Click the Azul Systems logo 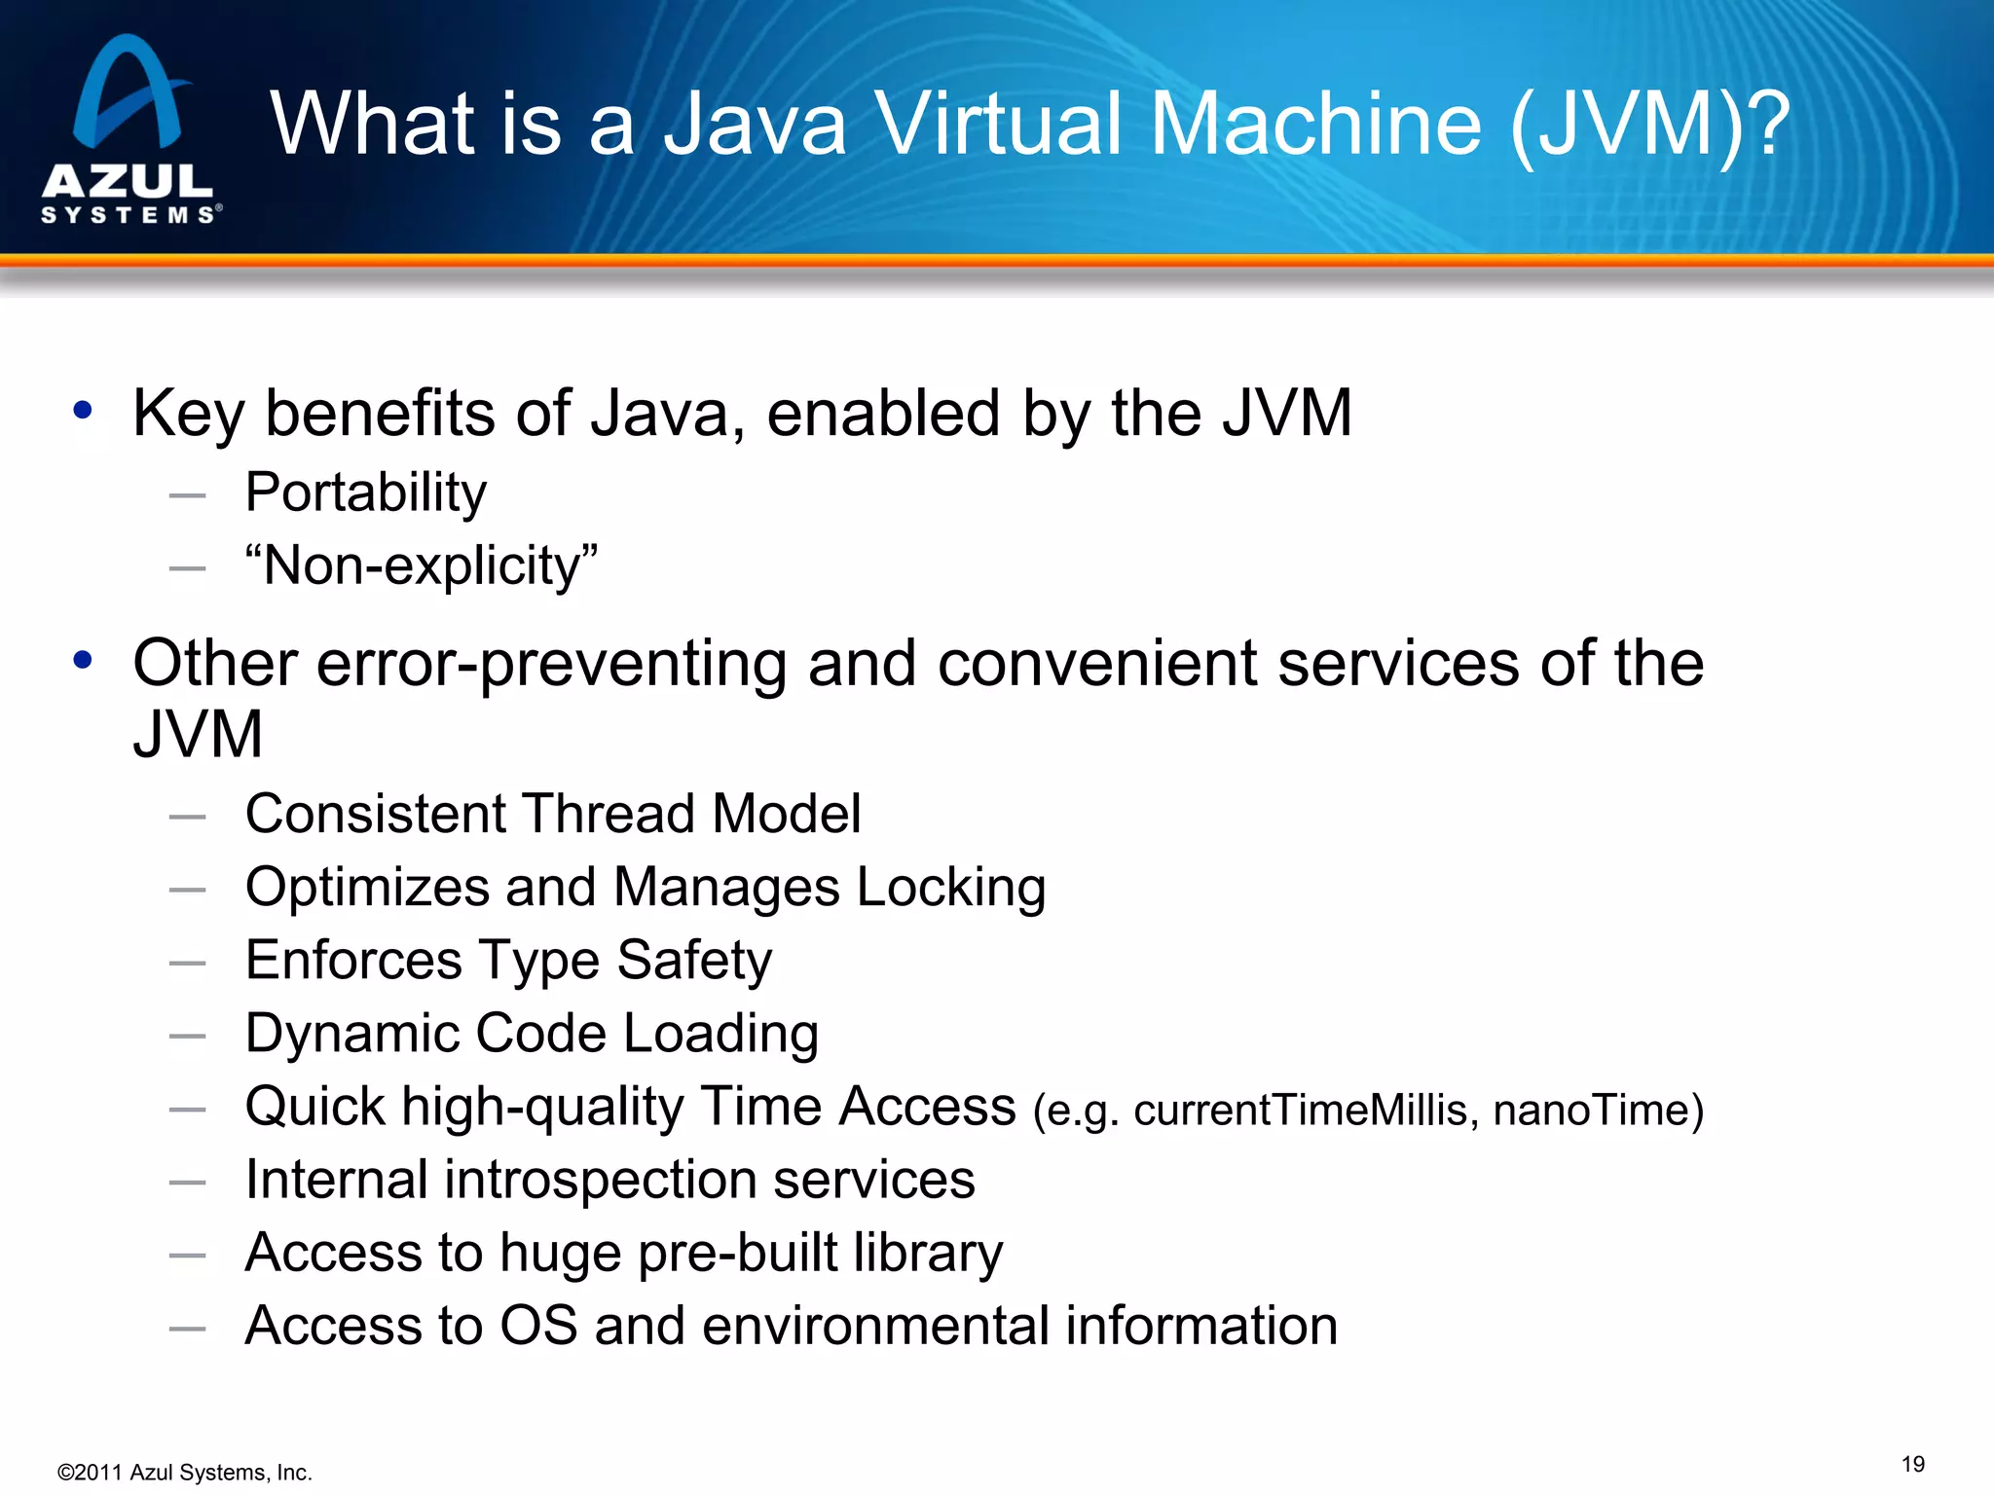coord(129,129)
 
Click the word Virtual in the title coord(998,124)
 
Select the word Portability coord(365,492)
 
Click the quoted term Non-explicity coord(422,565)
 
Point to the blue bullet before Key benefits coord(83,411)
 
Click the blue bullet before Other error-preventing coord(83,660)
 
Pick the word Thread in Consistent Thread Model coord(608,814)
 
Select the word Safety coord(694,961)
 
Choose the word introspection coord(600,1180)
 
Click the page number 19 coord(1912,1465)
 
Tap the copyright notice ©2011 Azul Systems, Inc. coord(184,1473)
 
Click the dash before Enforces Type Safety coord(187,964)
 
